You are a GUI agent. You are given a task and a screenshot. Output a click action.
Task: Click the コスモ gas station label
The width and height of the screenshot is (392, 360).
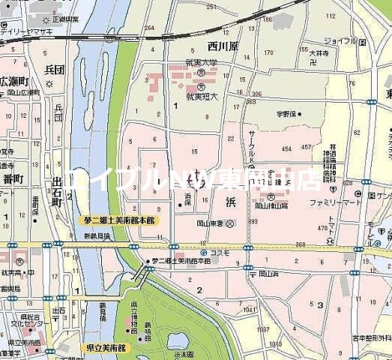click(217, 253)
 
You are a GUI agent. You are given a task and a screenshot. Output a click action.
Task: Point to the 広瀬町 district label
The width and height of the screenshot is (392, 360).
click(16, 80)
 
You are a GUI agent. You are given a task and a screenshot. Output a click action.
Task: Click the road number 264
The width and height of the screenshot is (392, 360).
click(150, 29)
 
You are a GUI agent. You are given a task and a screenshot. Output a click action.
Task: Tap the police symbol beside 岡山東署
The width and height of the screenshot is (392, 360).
click(230, 223)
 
